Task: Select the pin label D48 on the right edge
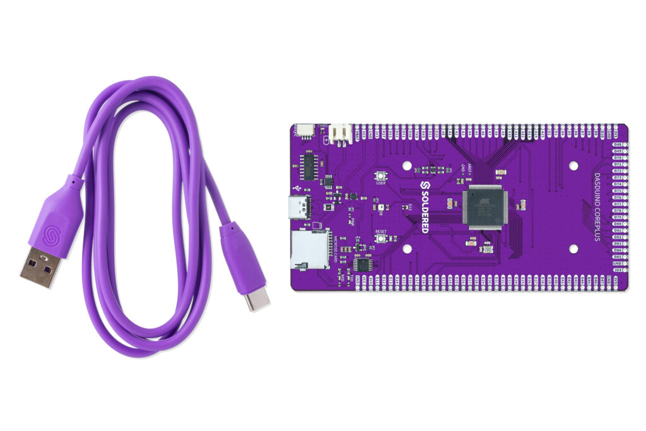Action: coord(618,145)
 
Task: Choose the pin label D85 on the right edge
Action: coord(618,257)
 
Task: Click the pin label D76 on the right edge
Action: coord(618,198)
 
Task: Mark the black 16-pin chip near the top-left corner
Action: coord(309,167)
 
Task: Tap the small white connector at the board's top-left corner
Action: coord(305,130)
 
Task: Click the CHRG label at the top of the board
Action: coord(322,126)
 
